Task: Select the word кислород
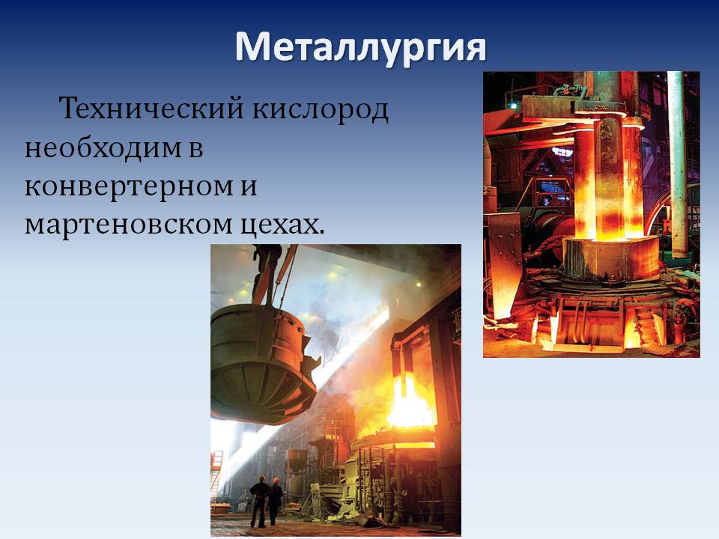320,110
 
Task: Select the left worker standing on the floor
259,501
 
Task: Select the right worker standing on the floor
275,501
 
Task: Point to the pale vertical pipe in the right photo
678,164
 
